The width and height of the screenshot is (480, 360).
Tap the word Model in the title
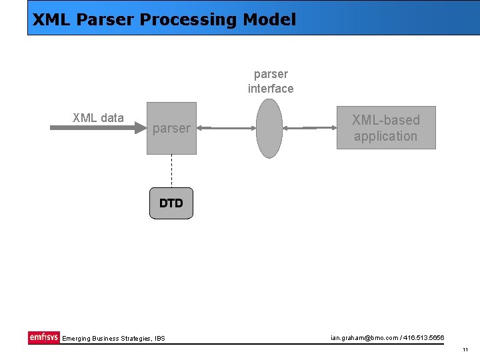pyautogui.click(x=269, y=19)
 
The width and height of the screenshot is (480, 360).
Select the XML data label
pyautogui.click(x=98, y=118)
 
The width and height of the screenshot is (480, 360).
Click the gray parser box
pyautogui.click(x=171, y=128)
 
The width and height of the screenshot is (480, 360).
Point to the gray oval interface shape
pyautogui.click(x=269, y=128)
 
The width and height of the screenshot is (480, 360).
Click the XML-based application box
pyautogui.click(x=385, y=127)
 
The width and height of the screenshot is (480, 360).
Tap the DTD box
pyautogui.click(x=171, y=203)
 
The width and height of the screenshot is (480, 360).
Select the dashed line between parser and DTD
pyautogui.click(x=171, y=171)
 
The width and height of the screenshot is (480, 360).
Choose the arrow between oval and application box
pyautogui.click(x=309, y=127)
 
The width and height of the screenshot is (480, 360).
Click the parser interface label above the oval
pyautogui.click(x=271, y=81)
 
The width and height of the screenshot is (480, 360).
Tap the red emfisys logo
pyautogui.click(x=43, y=337)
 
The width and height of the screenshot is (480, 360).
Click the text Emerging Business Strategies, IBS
pyautogui.click(x=113, y=339)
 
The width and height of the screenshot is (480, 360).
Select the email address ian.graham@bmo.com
pyautogui.click(x=363, y=337)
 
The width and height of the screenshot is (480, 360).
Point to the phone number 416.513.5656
pyautogui.click(x=423, y=337)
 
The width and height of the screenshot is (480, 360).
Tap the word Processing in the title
pyautogui.click(x=188, y=19)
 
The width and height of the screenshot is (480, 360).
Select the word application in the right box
pyautogui.click(x=385, y=136)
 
